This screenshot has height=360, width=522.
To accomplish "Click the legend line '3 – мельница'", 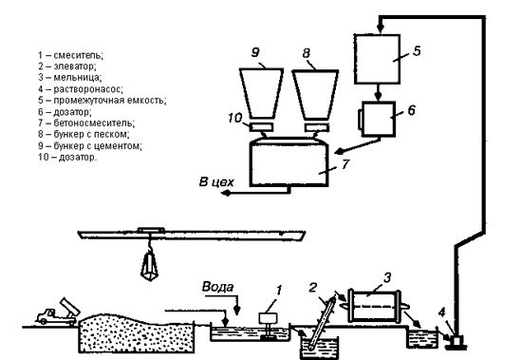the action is (x=70, y=77).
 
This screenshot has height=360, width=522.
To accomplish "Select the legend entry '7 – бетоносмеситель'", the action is (x=86, y=123).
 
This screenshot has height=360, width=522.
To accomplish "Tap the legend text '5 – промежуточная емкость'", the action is (x=102, y=100).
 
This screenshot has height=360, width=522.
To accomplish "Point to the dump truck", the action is (x=58, y=312).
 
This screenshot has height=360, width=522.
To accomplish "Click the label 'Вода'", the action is (x=218, y=287).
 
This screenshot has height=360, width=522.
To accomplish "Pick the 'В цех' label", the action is (x=216, y=182).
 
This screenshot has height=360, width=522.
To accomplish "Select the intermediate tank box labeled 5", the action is (x=377, y=59).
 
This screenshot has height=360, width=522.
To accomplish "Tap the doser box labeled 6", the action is (x=378, y=119).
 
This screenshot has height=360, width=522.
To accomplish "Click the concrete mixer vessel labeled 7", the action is (x=289, y=162).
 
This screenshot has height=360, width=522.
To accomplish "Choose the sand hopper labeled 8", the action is (x=315, y=95).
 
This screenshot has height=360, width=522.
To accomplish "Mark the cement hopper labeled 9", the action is (x=262, y=93).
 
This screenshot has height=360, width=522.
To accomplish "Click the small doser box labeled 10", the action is (x=261, y=127).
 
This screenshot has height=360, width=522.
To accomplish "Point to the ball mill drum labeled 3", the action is (x=374, y=306).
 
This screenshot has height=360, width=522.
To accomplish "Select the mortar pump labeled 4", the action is (x=457, y=342).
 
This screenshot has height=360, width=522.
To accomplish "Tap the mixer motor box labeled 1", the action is (x=268, y=318).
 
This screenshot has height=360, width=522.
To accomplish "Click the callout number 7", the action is (x=345, y=164).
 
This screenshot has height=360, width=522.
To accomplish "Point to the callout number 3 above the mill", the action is (x=387, y=277).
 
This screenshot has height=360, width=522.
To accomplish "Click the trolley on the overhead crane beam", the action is (x=151, y=230).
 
